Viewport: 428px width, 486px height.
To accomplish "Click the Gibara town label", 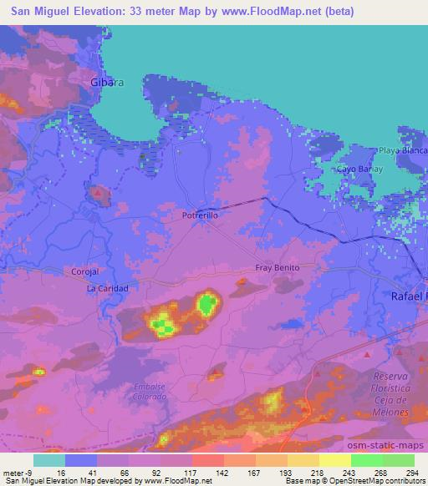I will (x=106, y=82).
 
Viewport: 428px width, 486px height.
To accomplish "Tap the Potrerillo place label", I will (x=201, y=215).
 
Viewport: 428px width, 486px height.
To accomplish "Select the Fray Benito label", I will (x=277, y=268).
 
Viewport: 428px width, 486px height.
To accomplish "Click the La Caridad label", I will (x=107, y=288).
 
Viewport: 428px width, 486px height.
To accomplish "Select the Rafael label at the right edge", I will (x=409, y=296).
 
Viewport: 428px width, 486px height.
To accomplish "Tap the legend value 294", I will (x=414, y=473).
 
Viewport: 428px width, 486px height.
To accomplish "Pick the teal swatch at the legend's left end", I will (x=48, y=460).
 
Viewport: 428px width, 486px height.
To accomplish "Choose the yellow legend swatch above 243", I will (x=334, y=460).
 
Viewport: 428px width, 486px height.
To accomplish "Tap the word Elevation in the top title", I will (x=102, y=12).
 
